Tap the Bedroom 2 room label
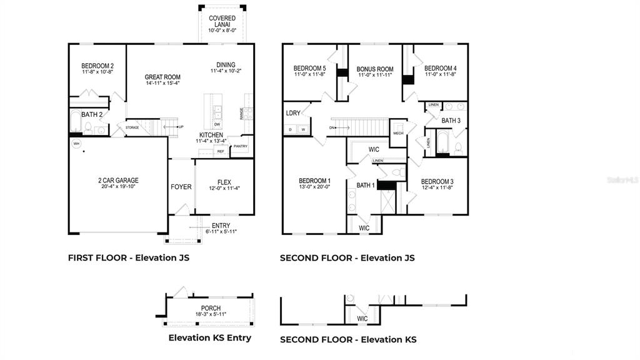pyautogui.click(x=97, y=66)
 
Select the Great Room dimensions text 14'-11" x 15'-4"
pyautogui.click(x=162, y=83)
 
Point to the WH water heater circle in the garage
pyautogui.click(x=77, y=144)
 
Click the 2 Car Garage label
pyautogui.click(x=118, y=181)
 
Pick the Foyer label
pyautogui.click(x=181, y=187)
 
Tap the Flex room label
pyautogui.click(x=224, y=183)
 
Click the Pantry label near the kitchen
pyautogui.click(x=240, y=147)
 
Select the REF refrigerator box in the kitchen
pyautogui.click(x=221, y=151)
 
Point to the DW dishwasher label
pyautogui.click(x=217, y=124)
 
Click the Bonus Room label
pyautogui.click(x=375, y=69)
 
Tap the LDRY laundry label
pyautogui.click(x=293, y=113)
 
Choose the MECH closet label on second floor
pyautogui.click(x=398, y=133)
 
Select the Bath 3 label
pyautogui.click(x=451, y=121)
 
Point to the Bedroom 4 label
pyautogui.click(x=440, y=68)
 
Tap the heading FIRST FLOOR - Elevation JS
pyautogui.click(x=129, y=257)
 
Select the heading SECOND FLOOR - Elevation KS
pyautogui.click(x=348, y=339)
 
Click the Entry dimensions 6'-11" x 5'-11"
pyautogui.click(x=221, y=232)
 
